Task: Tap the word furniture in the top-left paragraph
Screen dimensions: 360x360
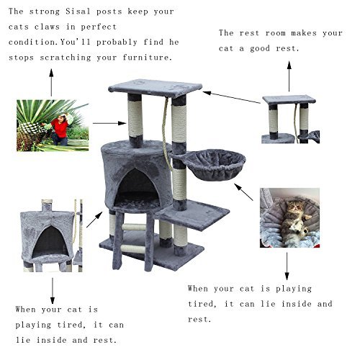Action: [148, 58]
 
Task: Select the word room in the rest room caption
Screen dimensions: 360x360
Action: [276, 33]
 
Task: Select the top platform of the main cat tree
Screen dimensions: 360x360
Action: [155, 88]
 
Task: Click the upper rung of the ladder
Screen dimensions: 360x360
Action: [134, 227]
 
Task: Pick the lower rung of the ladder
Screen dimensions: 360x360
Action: [133, 249]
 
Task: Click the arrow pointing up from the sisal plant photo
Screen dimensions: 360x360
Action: [51, 83]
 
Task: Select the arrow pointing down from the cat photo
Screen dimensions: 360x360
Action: [287, 266]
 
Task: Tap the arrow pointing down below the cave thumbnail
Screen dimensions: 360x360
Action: [53, 291]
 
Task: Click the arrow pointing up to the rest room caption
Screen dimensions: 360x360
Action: [289, 76]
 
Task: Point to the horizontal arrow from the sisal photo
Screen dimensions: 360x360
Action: [109, 123]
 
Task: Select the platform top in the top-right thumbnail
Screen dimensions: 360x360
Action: [289, 99]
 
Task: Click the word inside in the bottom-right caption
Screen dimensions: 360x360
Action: [297, 304]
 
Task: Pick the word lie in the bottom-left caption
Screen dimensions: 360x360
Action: [23, 340]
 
